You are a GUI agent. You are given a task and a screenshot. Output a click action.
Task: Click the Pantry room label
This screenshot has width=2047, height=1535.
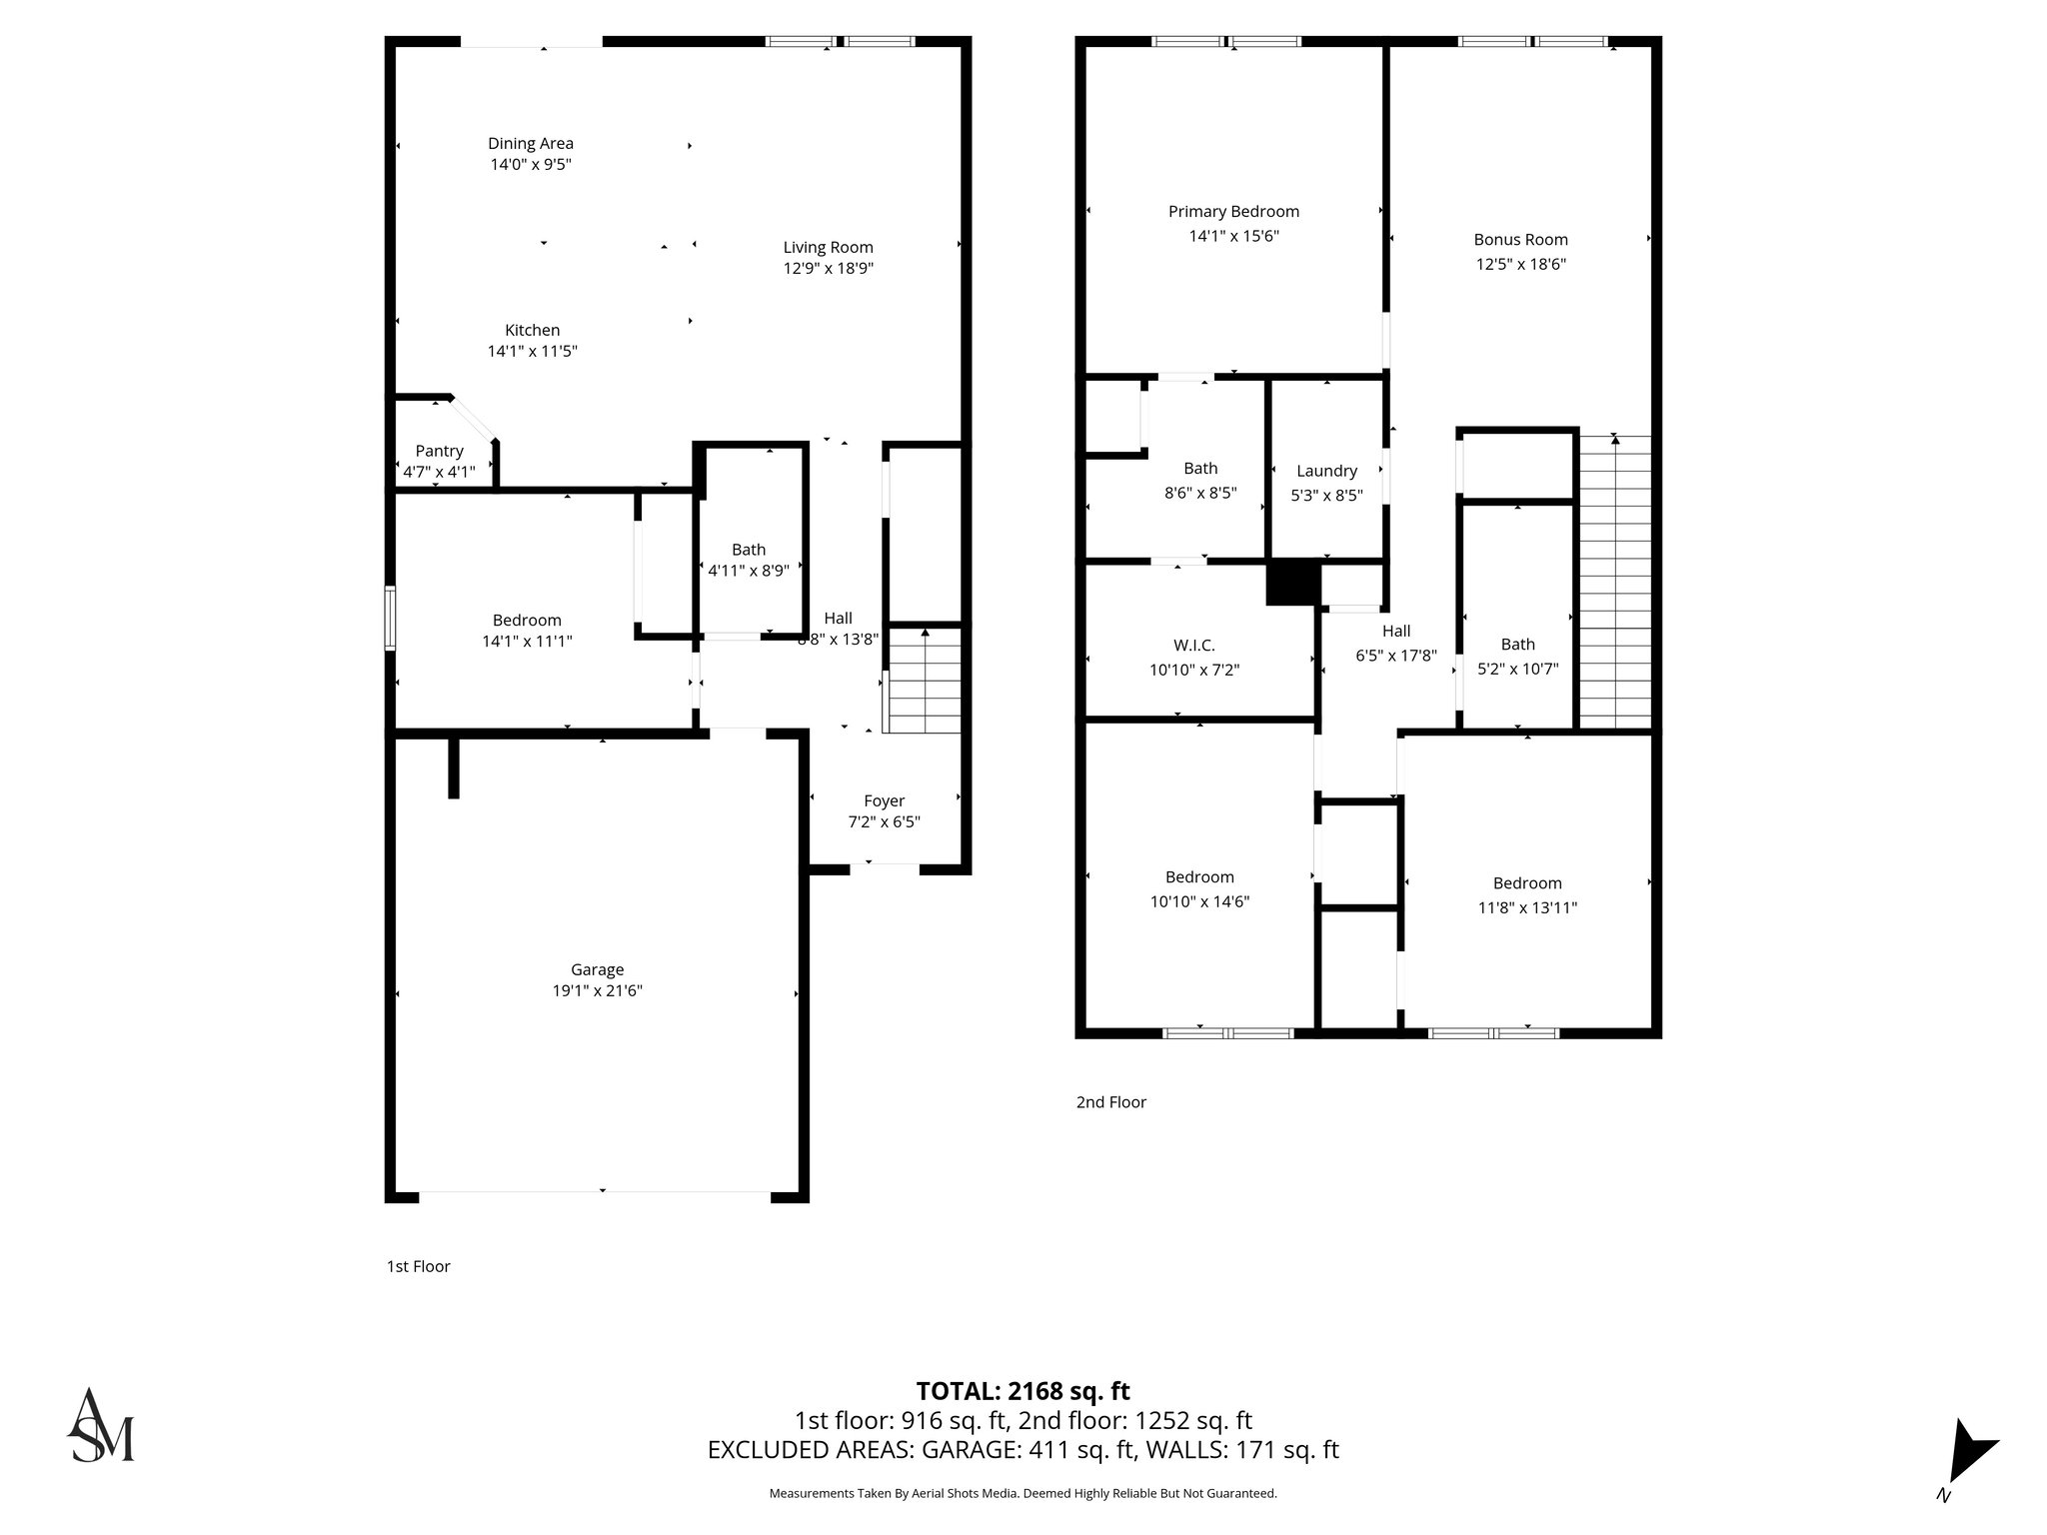439,451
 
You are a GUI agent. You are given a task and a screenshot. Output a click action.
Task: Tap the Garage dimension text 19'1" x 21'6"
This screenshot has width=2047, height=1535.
597,990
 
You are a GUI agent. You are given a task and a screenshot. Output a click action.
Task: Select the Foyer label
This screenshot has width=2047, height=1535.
884,800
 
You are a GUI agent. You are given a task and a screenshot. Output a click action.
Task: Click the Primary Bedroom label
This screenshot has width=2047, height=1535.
1233,212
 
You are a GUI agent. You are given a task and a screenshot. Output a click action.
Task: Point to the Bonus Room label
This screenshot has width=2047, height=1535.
1520,240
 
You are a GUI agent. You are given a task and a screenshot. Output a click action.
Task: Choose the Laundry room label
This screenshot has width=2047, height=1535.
1326,471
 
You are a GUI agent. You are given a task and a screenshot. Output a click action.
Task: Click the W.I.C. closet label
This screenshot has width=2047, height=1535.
1194,646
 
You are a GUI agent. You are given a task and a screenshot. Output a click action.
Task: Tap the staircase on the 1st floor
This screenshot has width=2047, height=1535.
925,680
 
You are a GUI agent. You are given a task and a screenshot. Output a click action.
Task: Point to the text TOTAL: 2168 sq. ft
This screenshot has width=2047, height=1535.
1023,1391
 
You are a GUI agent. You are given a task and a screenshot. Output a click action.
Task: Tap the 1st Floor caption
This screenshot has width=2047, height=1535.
418,1266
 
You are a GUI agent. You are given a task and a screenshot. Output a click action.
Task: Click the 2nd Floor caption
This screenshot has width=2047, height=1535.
1110,1102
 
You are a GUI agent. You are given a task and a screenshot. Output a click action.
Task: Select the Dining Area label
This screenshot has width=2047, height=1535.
531,144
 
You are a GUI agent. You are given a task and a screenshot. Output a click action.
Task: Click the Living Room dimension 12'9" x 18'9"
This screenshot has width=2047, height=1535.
828,268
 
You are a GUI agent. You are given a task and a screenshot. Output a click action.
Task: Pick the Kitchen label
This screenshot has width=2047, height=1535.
532,330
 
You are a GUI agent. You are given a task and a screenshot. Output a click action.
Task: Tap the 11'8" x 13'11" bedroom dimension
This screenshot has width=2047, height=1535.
1526,907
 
